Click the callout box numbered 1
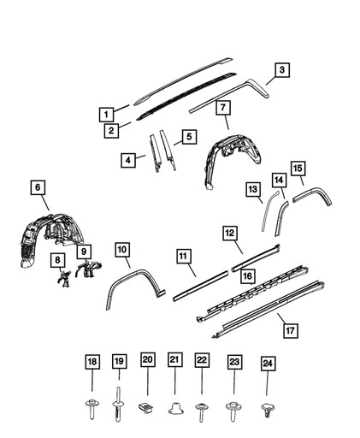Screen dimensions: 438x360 click(105, 113)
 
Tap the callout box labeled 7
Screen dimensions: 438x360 click(222, 108)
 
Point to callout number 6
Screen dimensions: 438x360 click(37, 187)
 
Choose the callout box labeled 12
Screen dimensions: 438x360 click(229, 233)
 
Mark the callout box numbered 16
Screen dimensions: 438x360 click(246, 275)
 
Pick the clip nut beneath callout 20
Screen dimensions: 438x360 click(146, 405)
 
